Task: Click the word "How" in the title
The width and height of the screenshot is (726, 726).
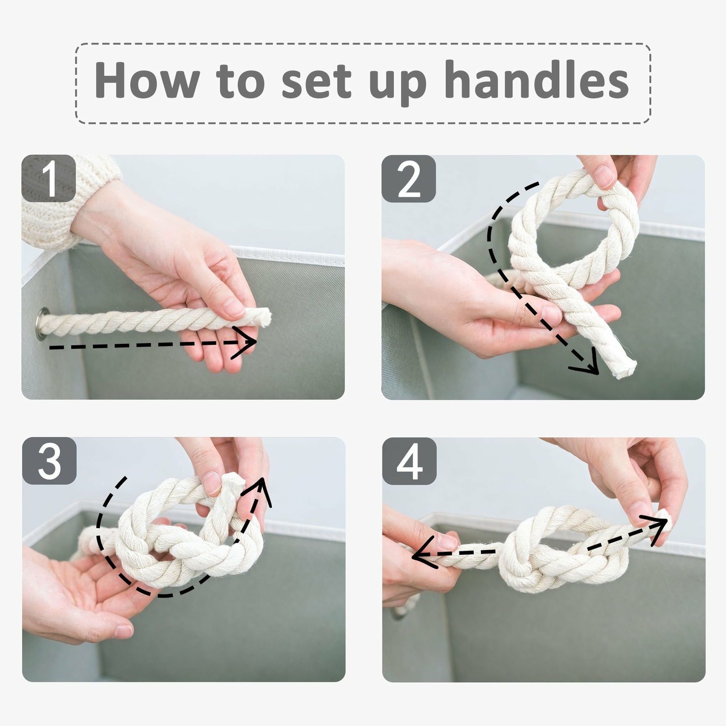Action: coord(147,80)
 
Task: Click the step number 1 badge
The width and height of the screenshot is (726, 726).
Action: coord(49,178)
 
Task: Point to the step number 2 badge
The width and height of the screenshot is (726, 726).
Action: coord(408,178)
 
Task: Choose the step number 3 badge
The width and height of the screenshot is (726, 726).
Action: coord(49,461)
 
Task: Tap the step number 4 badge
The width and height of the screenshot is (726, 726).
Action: coord(409,461)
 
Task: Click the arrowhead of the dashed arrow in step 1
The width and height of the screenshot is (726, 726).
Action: coord(245,343)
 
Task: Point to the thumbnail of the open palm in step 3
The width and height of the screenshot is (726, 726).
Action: coord(123,631)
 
